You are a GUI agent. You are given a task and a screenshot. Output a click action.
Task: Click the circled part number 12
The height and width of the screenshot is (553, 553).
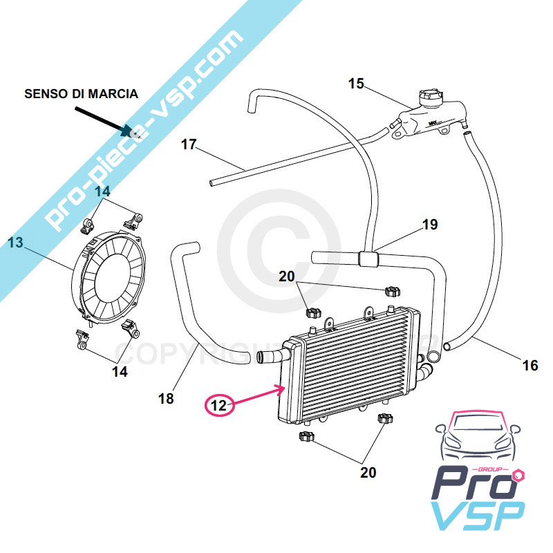(218, 405)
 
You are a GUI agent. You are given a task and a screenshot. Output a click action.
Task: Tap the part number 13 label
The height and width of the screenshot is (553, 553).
(15, 242)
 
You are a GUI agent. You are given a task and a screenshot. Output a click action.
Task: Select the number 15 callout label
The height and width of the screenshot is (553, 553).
(355, 84)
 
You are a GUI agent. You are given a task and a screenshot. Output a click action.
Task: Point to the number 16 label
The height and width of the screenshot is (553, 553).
(529, 366)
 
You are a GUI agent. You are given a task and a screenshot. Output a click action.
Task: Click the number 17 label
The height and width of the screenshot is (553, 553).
(189, 144)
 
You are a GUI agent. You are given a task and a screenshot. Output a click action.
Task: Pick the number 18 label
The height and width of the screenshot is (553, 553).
(166, 398)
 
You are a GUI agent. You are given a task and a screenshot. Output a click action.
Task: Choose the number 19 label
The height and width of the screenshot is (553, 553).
(430, 225)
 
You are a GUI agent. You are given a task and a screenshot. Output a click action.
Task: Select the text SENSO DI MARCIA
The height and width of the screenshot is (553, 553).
(81, 93)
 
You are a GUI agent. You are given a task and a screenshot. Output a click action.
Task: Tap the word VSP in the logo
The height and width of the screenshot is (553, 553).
(477, 516)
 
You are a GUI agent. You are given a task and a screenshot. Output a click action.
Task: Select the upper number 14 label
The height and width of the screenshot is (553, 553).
(103, 191)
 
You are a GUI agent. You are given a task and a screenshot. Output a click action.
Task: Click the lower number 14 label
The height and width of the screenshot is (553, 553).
(120, 371)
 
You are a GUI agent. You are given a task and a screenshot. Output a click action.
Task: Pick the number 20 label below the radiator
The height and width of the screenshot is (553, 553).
(368, 473)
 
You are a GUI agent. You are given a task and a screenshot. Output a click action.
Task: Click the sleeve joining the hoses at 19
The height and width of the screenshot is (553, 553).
(368, 260)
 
